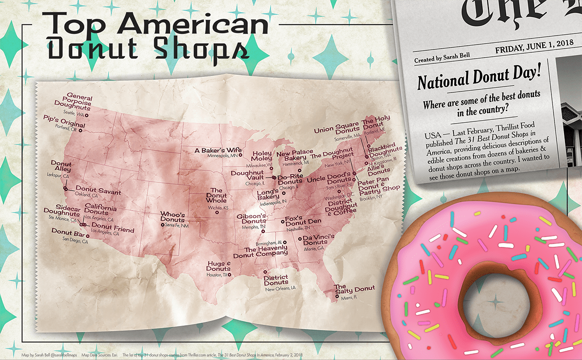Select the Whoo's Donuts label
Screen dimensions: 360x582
click(x=173, y=217)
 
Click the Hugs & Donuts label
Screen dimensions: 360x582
click(x=219, y=266)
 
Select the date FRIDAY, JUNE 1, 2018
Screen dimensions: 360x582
click(x=530, y=50)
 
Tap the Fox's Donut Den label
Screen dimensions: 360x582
click(x=303, y=221)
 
